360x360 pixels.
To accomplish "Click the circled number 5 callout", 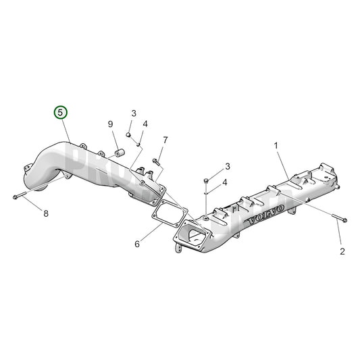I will [x=61, y=111].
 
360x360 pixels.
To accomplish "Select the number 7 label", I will [x=165, y=140].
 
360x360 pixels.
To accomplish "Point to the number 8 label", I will [x=46, y=214].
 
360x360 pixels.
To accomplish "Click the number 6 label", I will [x=136, y=243].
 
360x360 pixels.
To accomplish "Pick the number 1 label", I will [x=276, y=145].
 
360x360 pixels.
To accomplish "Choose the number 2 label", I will [x=342, y=252].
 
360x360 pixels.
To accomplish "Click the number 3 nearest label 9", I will [x=134, y=113].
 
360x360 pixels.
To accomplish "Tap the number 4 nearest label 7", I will [x=145, y=124].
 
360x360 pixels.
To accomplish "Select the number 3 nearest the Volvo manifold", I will [x=228, y=166].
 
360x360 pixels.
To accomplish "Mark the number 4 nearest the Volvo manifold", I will [x=226, y=182].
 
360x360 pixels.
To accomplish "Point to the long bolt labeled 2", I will [x=338, y=218].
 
